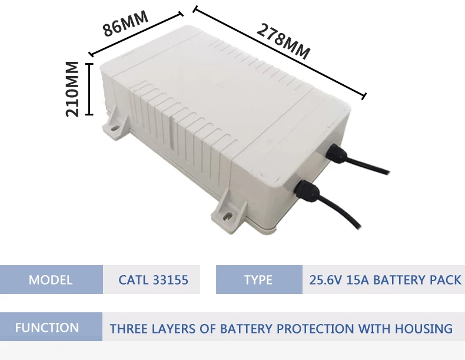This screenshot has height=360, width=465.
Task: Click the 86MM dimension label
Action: pos(125,24)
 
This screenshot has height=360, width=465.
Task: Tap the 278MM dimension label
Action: pos(283,40)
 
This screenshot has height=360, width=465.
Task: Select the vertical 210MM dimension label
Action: pos(72,88)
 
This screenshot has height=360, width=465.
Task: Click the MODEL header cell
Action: pos(51,279)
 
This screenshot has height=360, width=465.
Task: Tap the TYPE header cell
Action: pos(258,279)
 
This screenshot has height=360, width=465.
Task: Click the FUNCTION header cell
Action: pos(47,328)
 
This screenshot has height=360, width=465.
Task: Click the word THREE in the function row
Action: pos(128,328)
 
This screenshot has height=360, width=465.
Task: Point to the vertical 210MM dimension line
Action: pos(89,88)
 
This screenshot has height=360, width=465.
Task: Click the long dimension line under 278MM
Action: pos(280,52)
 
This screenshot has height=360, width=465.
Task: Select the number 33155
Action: pos(171,279)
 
